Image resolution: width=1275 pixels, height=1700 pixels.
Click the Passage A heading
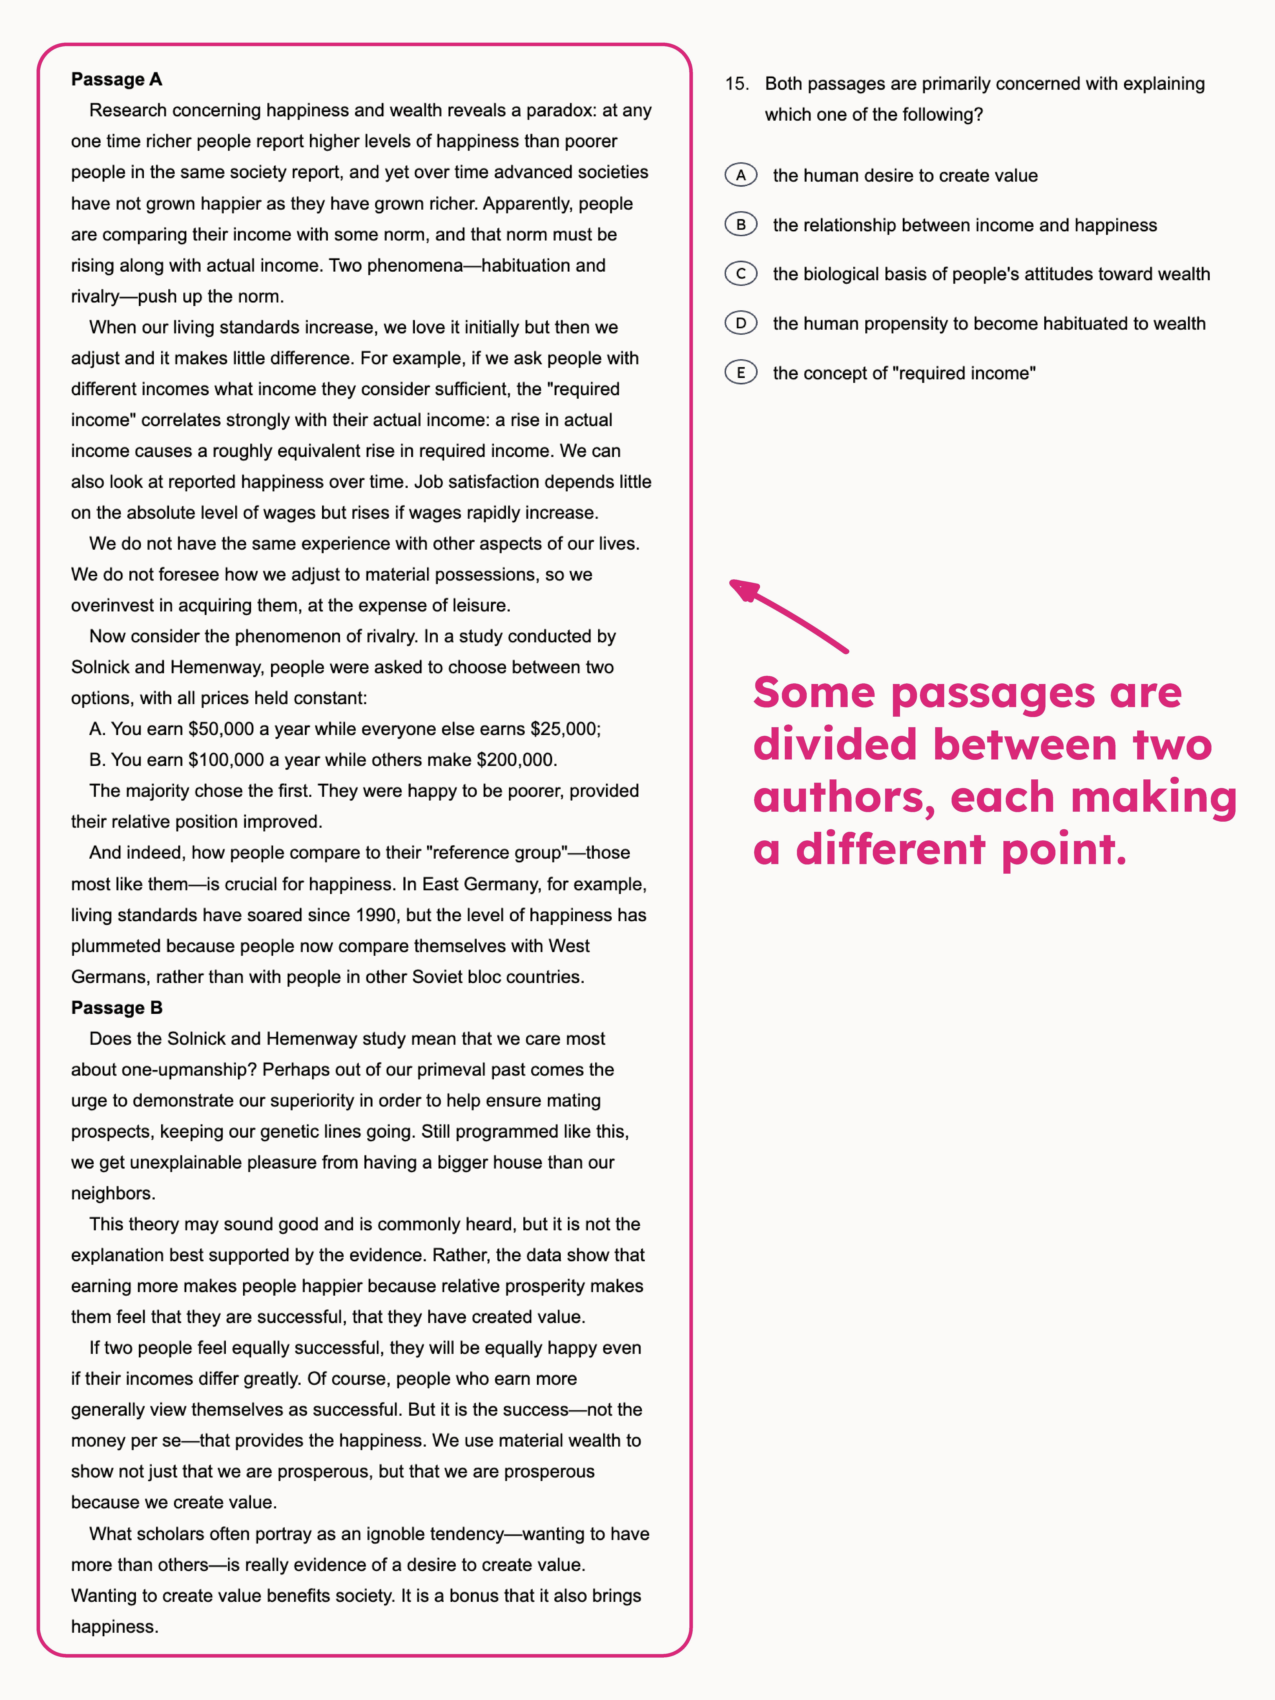[x=116, y=79]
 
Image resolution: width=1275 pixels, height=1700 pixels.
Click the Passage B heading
[x=116, y=1008]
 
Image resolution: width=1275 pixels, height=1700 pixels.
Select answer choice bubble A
[x=741, y=175]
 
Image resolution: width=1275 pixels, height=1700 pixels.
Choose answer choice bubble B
[x=741, y=224]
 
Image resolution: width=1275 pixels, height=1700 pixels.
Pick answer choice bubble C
[x=741, y=274]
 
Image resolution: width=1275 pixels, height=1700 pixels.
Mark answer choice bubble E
[x=741, y=373]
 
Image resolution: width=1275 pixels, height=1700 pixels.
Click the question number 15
[x=736, y=84]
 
